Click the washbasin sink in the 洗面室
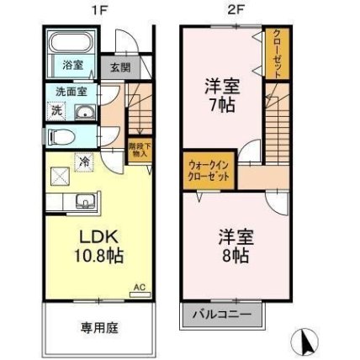point(84,112)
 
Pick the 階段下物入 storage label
point(140,149)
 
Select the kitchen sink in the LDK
point(85,201)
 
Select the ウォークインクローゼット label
point(206,172)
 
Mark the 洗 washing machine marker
point(56,112)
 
